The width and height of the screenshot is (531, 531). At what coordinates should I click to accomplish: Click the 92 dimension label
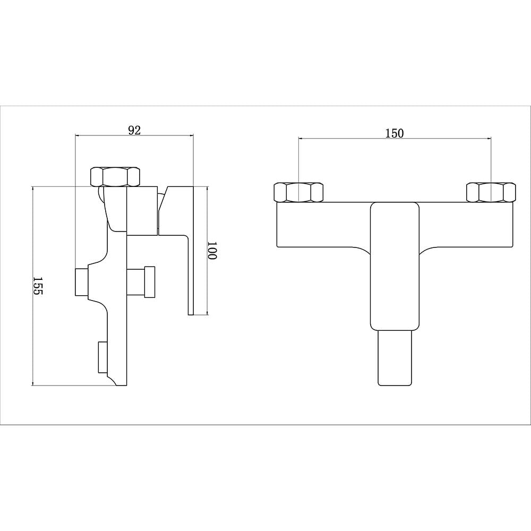(134, 130)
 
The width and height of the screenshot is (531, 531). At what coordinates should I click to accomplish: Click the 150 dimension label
(395, 133)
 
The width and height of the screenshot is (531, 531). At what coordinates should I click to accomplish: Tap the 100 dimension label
(211, 251)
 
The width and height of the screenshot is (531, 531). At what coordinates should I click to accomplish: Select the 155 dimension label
(38, 286)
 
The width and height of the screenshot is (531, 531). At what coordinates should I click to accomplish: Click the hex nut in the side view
(115, 176)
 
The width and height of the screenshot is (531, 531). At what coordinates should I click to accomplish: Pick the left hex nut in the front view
(298, 192)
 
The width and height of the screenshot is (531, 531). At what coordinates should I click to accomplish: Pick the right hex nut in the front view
(491, 192)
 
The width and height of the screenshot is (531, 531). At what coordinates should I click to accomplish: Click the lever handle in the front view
(395, 266)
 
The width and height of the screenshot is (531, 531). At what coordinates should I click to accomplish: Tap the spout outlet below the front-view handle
(395, 357)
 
